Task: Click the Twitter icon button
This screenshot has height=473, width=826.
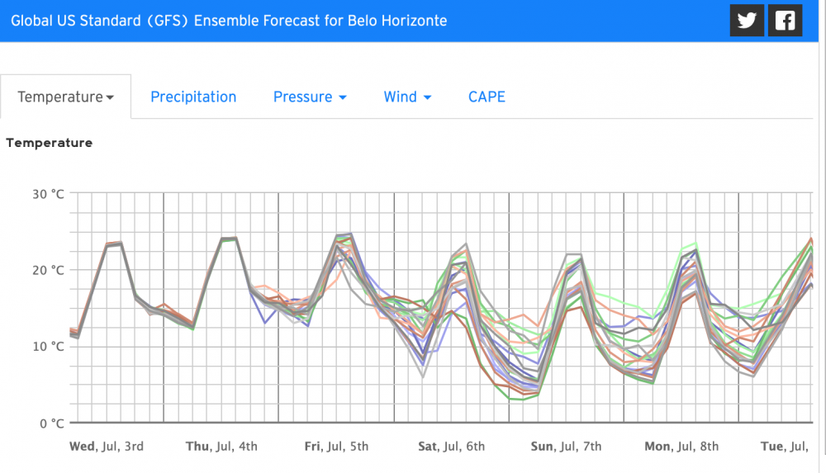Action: [x=747, y=21]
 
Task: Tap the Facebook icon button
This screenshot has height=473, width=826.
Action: [x=785, y=21]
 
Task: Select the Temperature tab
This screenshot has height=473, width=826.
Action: [x=65, y=97]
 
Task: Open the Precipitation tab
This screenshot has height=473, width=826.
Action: [x=193, y=97]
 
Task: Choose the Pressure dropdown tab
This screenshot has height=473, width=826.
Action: [x=310, y=97]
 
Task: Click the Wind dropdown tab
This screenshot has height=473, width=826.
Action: [x=407, y=97]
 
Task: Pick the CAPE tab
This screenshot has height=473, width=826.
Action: [x=487, y=97]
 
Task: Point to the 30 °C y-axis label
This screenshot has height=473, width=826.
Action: [x=46, y=194]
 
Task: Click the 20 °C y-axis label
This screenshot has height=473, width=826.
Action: [x=46, y=270]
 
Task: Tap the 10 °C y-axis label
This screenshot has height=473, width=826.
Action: [x=46, y=346]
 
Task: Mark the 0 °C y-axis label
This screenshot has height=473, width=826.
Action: [x=50, y=423]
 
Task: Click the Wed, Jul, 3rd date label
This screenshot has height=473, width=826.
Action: [x=107, y=447]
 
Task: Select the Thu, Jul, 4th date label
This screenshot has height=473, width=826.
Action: [x=221, y=447]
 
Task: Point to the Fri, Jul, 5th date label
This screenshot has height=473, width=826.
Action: [x=336, y=447]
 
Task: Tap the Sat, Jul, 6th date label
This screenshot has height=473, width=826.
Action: [x=451, y=447]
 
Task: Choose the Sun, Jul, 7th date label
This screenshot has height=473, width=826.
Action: [x=566, y=447]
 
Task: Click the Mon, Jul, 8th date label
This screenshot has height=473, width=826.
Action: [x=681, y=447]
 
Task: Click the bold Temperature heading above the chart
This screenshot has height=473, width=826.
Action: [x=49, y=143]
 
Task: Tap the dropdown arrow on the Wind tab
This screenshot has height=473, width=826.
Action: [x=427, y=98]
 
